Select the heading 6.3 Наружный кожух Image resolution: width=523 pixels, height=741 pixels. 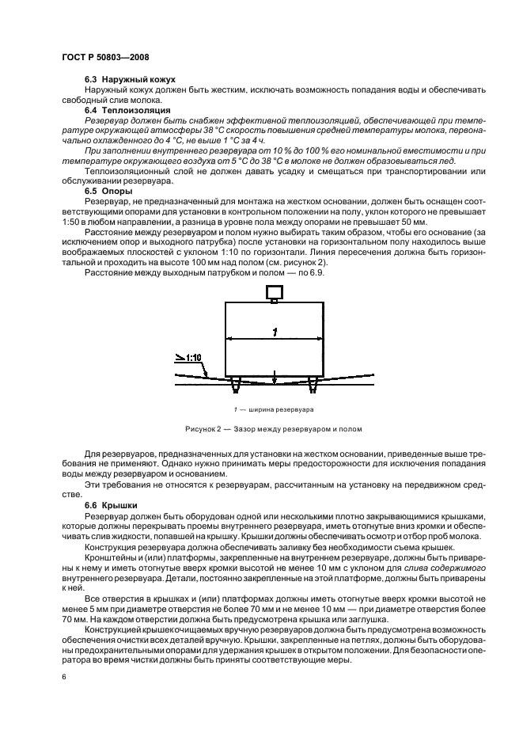pos(129,81)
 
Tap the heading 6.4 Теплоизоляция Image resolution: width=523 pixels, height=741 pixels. pos(127,110)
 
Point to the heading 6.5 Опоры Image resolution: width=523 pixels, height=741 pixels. pos(108,191)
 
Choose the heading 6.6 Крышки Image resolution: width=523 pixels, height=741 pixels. pos(112,503)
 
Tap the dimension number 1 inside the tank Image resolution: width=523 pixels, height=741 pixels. pos(274,332)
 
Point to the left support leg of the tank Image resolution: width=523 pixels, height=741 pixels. pos(235,386)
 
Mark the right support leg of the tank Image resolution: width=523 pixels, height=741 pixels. pos(313,386)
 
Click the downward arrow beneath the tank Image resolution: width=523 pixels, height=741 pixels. pos(274,379)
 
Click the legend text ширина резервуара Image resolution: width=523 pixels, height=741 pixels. pos(279,409)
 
